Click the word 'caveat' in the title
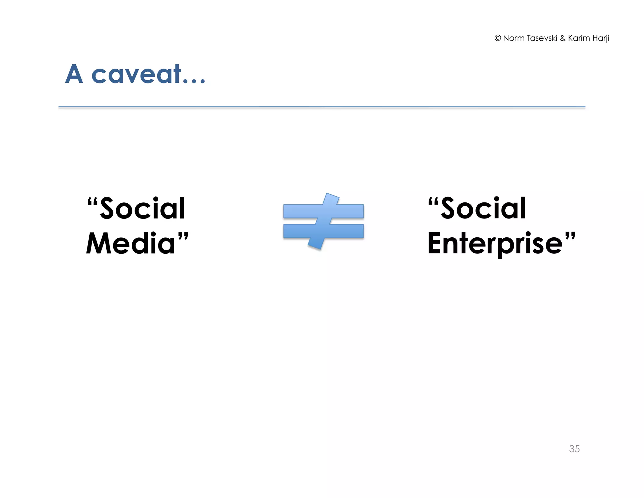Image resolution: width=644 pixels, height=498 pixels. pyautogui.click(x=136, y=74)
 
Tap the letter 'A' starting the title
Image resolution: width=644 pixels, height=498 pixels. pyautogui.click(x=74, y=74)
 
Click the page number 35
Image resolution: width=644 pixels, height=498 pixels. pyautogui.click(x=574, y=449)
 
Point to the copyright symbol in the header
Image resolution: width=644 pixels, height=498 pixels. pyautogui.click(x=497, y=38)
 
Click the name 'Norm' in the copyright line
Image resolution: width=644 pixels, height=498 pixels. pyautogui.click(x=514, y=38)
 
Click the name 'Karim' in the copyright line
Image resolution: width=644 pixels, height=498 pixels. pyautogui.click(x=579, y=38)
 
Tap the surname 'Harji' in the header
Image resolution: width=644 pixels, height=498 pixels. pyautogui.click(x=601, y=38)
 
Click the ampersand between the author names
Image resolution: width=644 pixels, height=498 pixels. pyautogui.click(x=563, y=38)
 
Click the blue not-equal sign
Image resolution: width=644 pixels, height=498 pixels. pyautogui.click(x=323, y=221)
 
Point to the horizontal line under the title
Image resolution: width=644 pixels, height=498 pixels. pyautogui.click(x=322, y=107)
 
